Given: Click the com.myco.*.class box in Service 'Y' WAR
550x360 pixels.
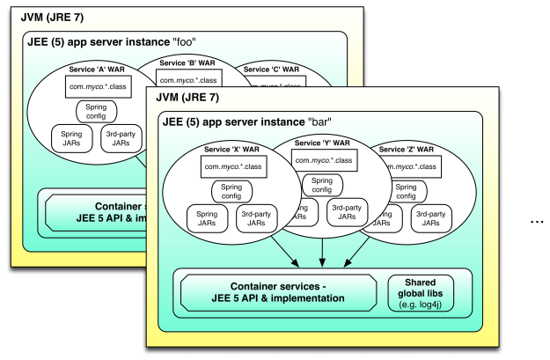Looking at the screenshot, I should tap(323, 159).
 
